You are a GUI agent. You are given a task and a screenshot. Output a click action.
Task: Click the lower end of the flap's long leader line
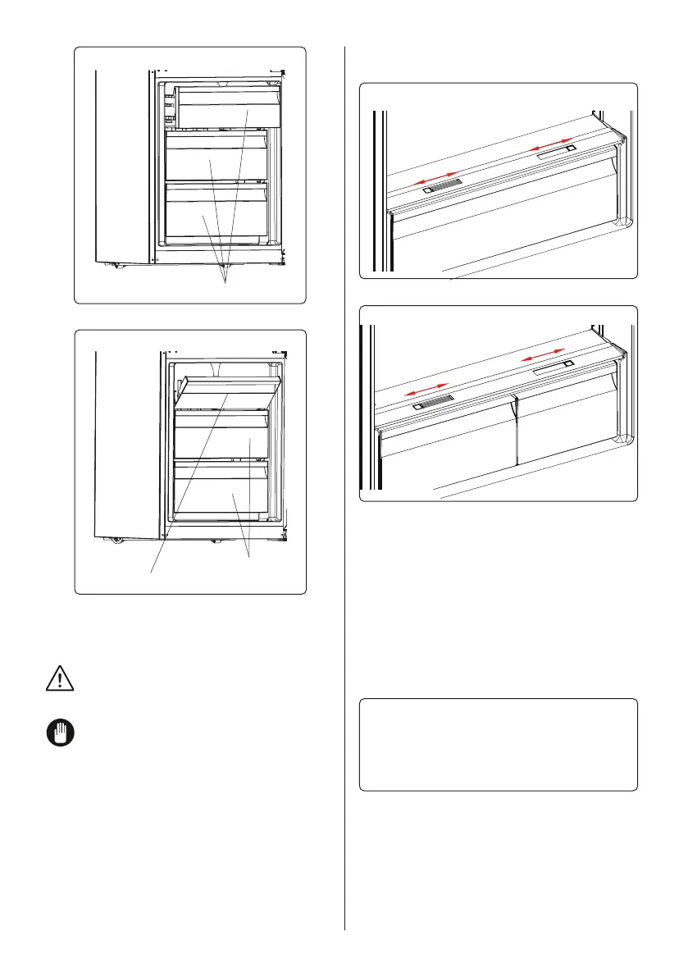[x=152, y=572]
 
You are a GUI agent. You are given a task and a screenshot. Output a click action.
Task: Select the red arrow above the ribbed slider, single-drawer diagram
[x=435, y=178]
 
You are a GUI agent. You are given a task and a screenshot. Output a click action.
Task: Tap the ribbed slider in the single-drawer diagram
[x=443, y=187]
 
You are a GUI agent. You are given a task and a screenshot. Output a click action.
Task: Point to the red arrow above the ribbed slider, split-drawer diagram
[x=428, y=390]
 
